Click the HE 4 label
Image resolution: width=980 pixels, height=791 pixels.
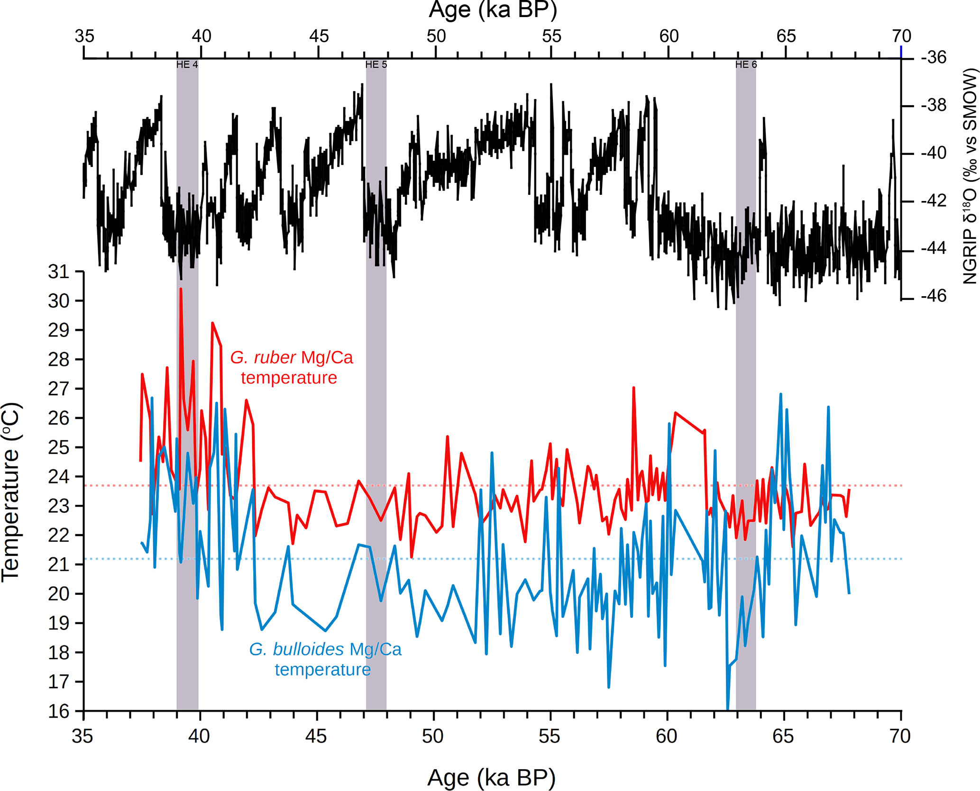pos(187,64)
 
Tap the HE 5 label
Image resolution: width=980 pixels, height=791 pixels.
pos(376,64)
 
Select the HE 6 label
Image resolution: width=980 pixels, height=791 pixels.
pos(746,64)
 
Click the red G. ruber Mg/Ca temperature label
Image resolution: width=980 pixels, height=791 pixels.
pos(291,367)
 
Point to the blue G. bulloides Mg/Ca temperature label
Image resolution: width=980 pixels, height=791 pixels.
pos(325,659)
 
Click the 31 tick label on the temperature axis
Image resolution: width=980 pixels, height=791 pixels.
pos(59,272)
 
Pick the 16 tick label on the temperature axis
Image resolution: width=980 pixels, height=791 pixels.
pos(59,711)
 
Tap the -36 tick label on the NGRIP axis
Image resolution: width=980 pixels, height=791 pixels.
pos(934,57)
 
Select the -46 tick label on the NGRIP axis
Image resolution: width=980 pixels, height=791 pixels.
pos(934,296)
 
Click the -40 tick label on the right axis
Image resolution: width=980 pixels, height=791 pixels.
pos(934,153)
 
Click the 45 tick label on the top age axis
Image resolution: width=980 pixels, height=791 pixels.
pos(319,36)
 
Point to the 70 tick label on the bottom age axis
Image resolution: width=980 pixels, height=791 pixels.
pos(899,736)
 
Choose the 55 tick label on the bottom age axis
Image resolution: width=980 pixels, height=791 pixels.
pos(549,736)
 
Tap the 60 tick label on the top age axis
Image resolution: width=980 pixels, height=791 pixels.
pos(669,36)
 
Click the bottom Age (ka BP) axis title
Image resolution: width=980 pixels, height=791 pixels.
pos(491,778)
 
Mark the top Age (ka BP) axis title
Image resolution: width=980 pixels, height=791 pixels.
pos(493,9)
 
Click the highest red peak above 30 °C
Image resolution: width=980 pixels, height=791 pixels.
pos(181,289)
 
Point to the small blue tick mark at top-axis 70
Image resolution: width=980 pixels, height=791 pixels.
pos(901,51)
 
